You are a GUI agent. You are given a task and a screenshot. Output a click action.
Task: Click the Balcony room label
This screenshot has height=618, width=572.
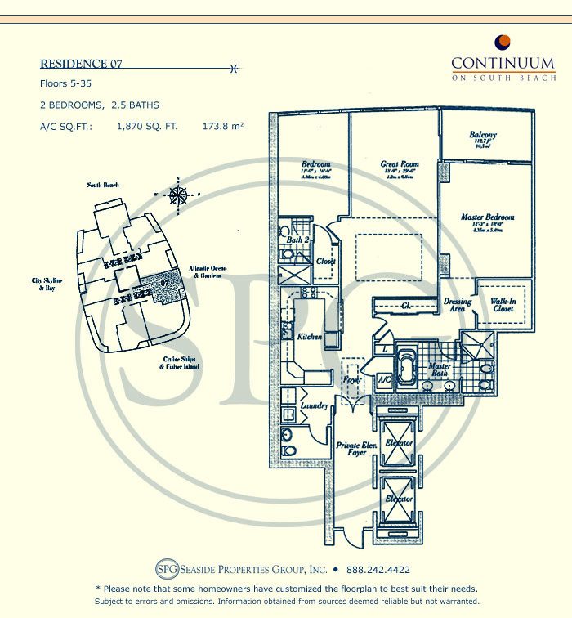click(483, 135)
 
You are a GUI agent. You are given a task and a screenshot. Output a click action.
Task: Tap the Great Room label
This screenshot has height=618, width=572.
click(399, 164)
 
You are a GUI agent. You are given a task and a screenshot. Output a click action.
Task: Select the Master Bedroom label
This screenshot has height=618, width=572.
click(487, 217)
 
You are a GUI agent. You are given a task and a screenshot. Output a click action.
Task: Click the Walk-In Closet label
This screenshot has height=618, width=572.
click(507, 306)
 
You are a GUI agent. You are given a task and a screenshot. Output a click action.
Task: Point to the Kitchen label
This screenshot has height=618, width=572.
click(310, 337)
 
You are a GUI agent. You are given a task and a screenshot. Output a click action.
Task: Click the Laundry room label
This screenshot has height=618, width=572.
click(314, 405)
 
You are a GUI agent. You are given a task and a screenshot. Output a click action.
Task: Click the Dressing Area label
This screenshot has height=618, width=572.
click(458, 306)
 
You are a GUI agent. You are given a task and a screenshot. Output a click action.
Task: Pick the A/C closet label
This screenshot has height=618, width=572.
click(384, 380)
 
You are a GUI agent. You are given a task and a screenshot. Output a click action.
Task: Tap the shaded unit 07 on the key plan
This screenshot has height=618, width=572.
click(165, 286)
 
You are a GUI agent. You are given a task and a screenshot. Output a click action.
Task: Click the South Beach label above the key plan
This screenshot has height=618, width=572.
click(104, 186)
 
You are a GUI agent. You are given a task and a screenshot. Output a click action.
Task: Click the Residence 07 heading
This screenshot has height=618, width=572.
click(81, 65)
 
